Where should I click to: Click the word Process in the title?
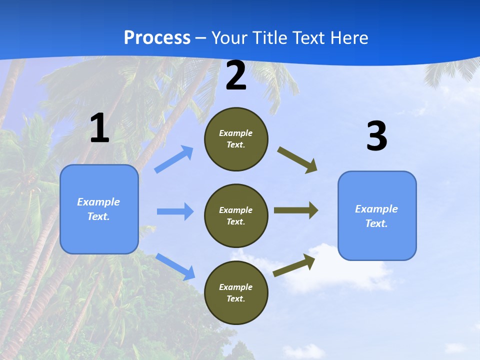click(157, 38)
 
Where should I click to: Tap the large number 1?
click(99, 128)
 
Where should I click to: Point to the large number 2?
click(236, 76)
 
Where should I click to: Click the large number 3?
click(376, 136)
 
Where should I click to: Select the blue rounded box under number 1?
click(99, 209)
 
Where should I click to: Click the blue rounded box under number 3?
click(377, 215)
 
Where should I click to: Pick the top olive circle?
click(236, 139)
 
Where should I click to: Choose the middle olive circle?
click(236, 215)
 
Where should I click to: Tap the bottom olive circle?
click(236, 292)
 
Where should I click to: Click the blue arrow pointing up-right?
click(174, 159)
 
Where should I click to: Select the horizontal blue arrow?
click(175, 211)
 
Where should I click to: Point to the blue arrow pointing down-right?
click(175, 266)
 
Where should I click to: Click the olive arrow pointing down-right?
click(297, 159)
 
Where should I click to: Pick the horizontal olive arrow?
click(295, 210)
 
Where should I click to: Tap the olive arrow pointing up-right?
click(294, 265)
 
